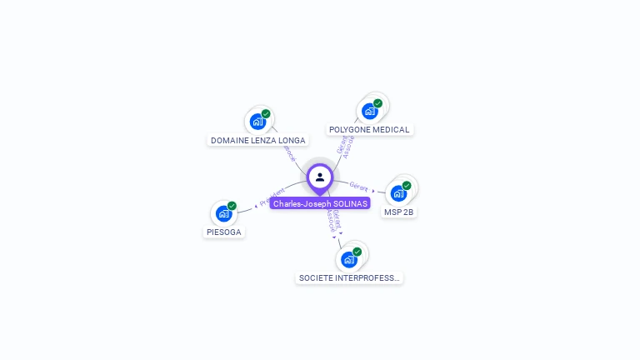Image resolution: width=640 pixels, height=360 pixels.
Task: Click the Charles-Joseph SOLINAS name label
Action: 320,203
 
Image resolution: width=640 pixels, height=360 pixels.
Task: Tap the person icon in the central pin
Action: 320,177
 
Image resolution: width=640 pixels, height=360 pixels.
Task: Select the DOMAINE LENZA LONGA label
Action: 257,140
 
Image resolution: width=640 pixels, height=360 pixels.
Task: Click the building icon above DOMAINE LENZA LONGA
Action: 257,122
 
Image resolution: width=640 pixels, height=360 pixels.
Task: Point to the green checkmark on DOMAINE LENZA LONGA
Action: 266,114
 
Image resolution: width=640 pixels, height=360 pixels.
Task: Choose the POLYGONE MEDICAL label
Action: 369,129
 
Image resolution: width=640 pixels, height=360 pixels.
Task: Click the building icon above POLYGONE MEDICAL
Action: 369,111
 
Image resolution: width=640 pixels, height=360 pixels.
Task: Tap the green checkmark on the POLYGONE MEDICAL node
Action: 377,103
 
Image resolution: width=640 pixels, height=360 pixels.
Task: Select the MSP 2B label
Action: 398,212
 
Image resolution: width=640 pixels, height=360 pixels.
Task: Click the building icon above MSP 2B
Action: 398,193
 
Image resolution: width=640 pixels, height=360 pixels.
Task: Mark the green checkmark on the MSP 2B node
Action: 407,186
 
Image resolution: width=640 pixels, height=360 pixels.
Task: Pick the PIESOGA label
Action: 224,232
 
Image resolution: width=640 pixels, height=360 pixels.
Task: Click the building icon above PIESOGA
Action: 223,213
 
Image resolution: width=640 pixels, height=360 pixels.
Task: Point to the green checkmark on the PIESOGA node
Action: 232,206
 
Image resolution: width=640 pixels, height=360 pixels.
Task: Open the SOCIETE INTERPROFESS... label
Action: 349,277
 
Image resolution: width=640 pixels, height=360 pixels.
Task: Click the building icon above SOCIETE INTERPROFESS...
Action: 348,259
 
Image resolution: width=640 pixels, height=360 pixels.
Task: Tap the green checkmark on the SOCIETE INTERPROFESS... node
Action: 357,252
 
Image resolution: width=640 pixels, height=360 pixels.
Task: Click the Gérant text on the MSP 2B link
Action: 358,186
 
